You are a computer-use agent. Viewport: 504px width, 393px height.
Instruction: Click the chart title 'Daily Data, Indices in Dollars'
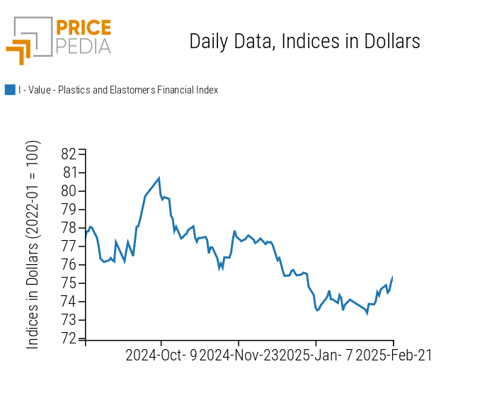[x=304, y=41]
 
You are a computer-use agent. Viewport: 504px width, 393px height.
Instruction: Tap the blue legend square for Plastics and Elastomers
[x=10, y=90]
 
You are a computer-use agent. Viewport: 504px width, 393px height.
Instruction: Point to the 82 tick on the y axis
[x=69, y=154]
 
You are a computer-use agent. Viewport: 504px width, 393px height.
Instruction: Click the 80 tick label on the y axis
[x=69, y=191]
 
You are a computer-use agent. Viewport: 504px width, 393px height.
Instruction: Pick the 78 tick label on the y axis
[x=69, y=228]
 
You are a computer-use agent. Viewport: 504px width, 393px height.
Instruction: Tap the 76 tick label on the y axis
[x=69, y=265]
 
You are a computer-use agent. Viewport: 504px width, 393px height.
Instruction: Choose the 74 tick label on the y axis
[x=69, y=302]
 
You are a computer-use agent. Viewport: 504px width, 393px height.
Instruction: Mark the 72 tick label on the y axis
[x=69, y=338]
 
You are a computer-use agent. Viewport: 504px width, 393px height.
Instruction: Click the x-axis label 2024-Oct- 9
[x=161, y=355]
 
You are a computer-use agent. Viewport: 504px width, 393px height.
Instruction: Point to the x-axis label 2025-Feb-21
[x=393, y=355]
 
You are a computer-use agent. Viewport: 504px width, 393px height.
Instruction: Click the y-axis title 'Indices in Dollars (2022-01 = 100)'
[x=33, y=244]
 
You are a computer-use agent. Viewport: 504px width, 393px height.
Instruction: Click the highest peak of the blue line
[x=159, y=178]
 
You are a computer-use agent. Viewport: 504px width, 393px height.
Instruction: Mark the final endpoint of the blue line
[x=392, y=278]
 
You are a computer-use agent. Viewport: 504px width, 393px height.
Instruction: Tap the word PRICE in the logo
[x=83, y=28]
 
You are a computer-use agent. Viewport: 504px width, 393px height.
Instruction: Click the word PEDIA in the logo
[x=83, y=46]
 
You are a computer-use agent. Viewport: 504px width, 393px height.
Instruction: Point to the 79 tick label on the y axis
[x=69, y=210]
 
